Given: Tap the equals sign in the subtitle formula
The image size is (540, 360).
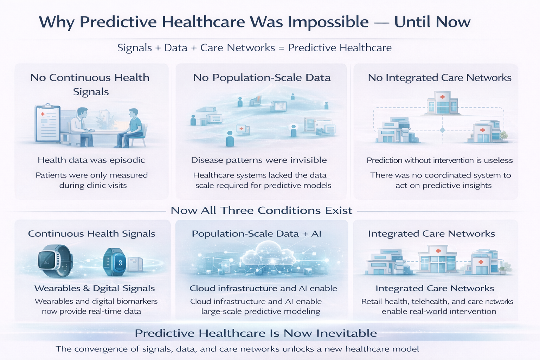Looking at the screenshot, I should (x=281, y=48).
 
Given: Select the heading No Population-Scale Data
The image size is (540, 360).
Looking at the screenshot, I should (x=262, y=78).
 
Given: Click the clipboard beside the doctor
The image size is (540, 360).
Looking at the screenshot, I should (x=47, y=123).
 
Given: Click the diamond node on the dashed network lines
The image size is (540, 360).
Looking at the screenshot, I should (x=442, y=130).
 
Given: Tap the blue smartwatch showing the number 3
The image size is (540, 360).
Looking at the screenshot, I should (x=114, y=262).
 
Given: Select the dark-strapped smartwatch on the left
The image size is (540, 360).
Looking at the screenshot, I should (x=55, y=261).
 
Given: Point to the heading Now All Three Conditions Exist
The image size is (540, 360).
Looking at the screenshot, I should (x=261, y=211).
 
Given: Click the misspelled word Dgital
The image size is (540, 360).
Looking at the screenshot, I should (x=106, y=289).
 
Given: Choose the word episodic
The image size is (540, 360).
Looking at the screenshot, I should (x=127, y=160).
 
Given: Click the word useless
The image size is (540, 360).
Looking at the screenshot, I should (x=498, y=161).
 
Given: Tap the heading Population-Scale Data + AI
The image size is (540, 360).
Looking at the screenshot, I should (x=257, y=234).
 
